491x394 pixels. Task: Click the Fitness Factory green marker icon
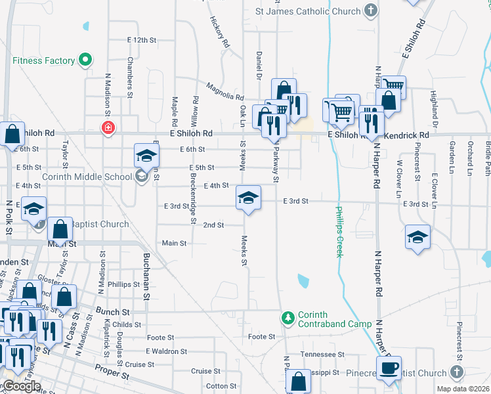85,61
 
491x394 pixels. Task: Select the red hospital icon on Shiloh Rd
107,127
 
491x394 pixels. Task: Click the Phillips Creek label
339,232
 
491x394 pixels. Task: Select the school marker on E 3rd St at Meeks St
248,198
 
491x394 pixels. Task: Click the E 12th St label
142,40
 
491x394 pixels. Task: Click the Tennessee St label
322,354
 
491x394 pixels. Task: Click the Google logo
21,386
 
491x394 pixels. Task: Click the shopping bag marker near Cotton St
298,382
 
